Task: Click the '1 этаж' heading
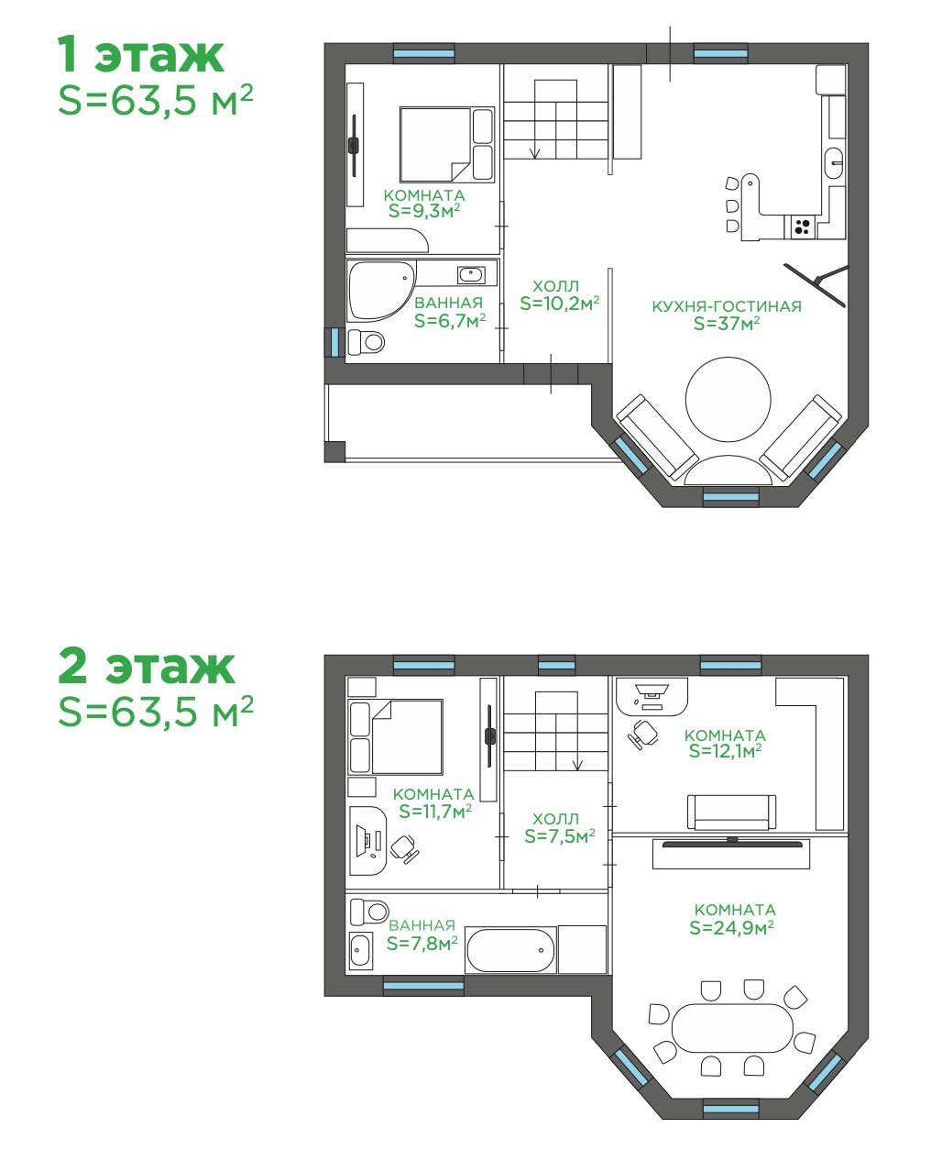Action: (x=140, y=54)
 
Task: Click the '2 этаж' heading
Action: (x=147, y=667)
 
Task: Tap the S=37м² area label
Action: (x=727, y=324)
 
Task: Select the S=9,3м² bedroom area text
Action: (x=424, y=211)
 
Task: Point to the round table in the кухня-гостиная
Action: (x=728, y=399)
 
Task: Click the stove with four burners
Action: (x=802, y=226)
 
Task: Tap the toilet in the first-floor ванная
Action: (x=366, y=342)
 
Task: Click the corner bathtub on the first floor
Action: (x=381, y=292)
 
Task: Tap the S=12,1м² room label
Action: (x=725, y=751)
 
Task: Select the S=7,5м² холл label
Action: (x=559, y=836)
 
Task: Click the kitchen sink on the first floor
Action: (x=834, y=161)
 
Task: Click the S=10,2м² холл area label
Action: (x=559, y=304)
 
